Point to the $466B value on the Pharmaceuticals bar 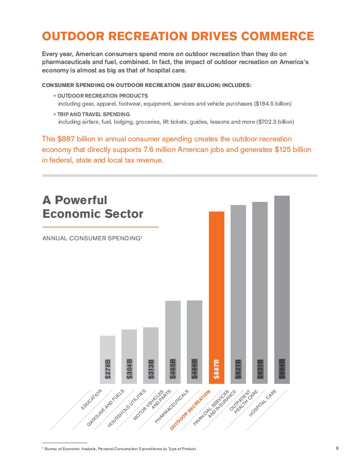194,368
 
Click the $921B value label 238,369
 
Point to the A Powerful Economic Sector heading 93,207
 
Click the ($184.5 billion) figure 273,104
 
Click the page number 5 337,448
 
